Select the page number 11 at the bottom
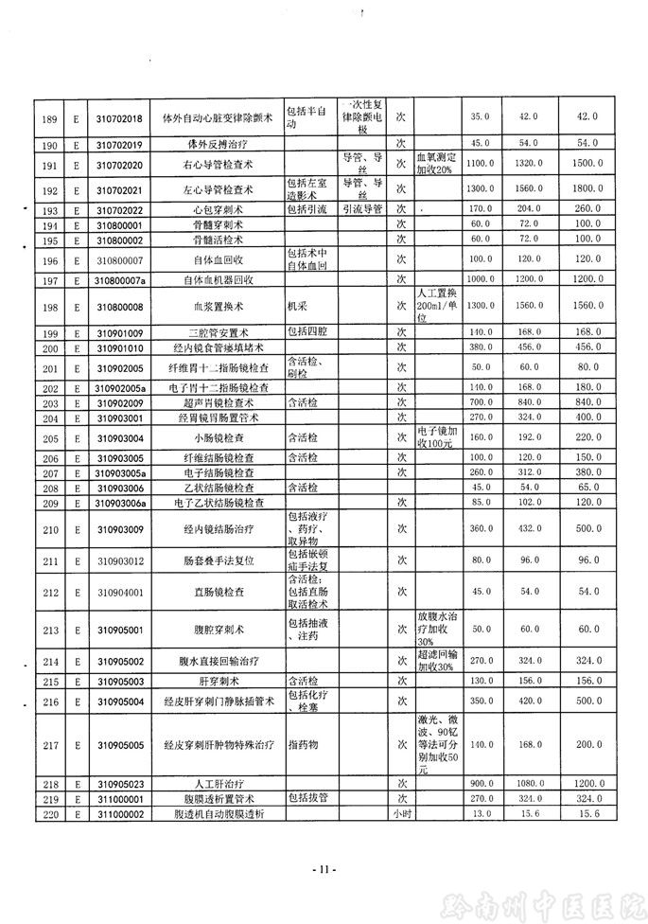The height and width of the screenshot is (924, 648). pos(323,869)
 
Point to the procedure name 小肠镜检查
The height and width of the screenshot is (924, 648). pos(218,438)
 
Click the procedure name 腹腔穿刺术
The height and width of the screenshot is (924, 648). pos(218,628)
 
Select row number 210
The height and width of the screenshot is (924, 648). pos(46,527)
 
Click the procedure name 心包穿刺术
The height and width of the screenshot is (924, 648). pos(218,209)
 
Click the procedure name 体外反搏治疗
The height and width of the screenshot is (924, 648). pos(218,143)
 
